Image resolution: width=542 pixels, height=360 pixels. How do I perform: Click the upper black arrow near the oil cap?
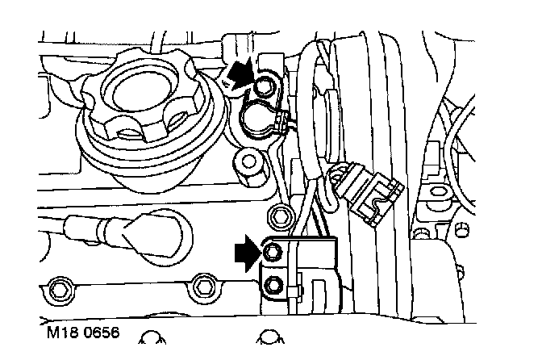238,74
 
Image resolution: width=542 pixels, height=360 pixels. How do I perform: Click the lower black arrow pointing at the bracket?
245,251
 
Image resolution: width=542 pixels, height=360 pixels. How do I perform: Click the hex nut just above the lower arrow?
281,215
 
